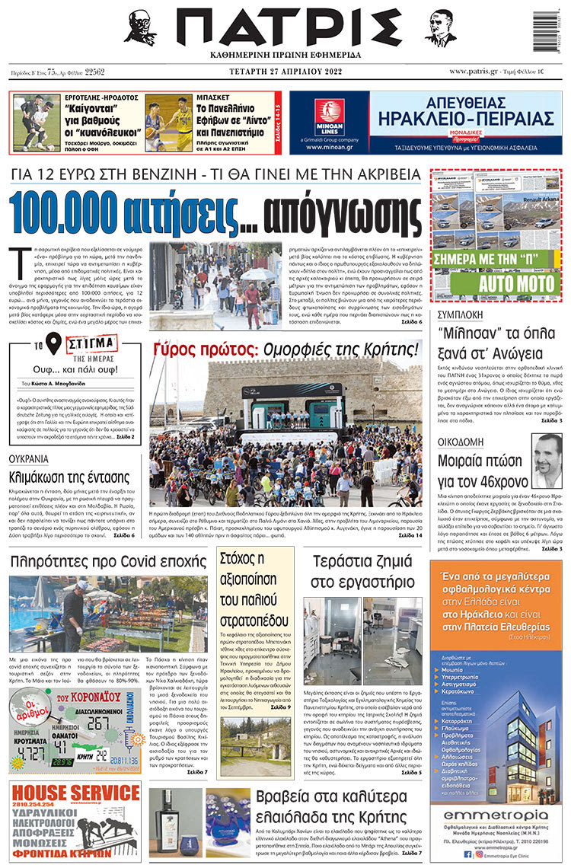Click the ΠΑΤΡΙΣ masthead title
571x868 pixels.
(285, 28)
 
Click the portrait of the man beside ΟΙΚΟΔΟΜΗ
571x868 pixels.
(547, 461)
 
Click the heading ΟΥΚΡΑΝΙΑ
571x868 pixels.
(29, 459)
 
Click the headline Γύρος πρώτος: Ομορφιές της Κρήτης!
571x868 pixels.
(285, 349)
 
